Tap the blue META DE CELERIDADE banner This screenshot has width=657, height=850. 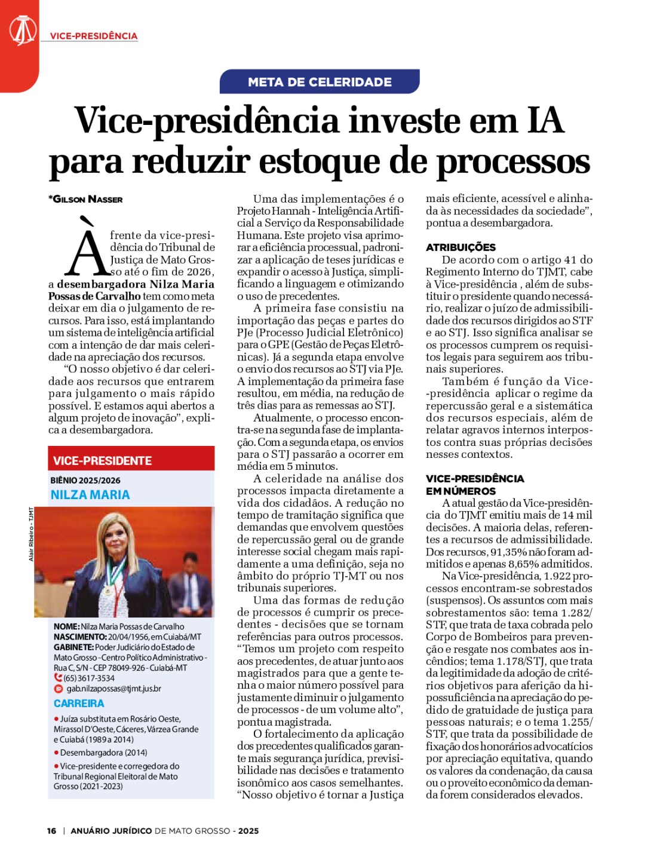tap(320, 82)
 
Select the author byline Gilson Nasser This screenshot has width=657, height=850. tap(87, 199)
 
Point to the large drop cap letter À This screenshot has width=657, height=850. tap(88, 251)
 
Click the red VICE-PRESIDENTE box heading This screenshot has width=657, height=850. tap(103, 460)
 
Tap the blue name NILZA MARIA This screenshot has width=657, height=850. tap(90, 494)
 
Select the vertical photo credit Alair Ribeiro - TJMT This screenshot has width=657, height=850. tap(31, 534)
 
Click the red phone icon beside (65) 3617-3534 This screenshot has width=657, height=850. tap(58, 678)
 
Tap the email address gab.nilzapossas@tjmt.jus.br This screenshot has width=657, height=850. tap(113, 689)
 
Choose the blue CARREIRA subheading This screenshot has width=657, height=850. tap(79, 704)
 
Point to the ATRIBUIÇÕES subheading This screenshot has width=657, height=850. tap(460, 247)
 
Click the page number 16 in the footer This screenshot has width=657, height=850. tap(52, 831)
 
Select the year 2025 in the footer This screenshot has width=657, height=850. tap(248, 831)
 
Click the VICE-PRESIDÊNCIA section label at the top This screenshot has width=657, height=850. tap(94, 36)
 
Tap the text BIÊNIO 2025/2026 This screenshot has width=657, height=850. tap(85, 480)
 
